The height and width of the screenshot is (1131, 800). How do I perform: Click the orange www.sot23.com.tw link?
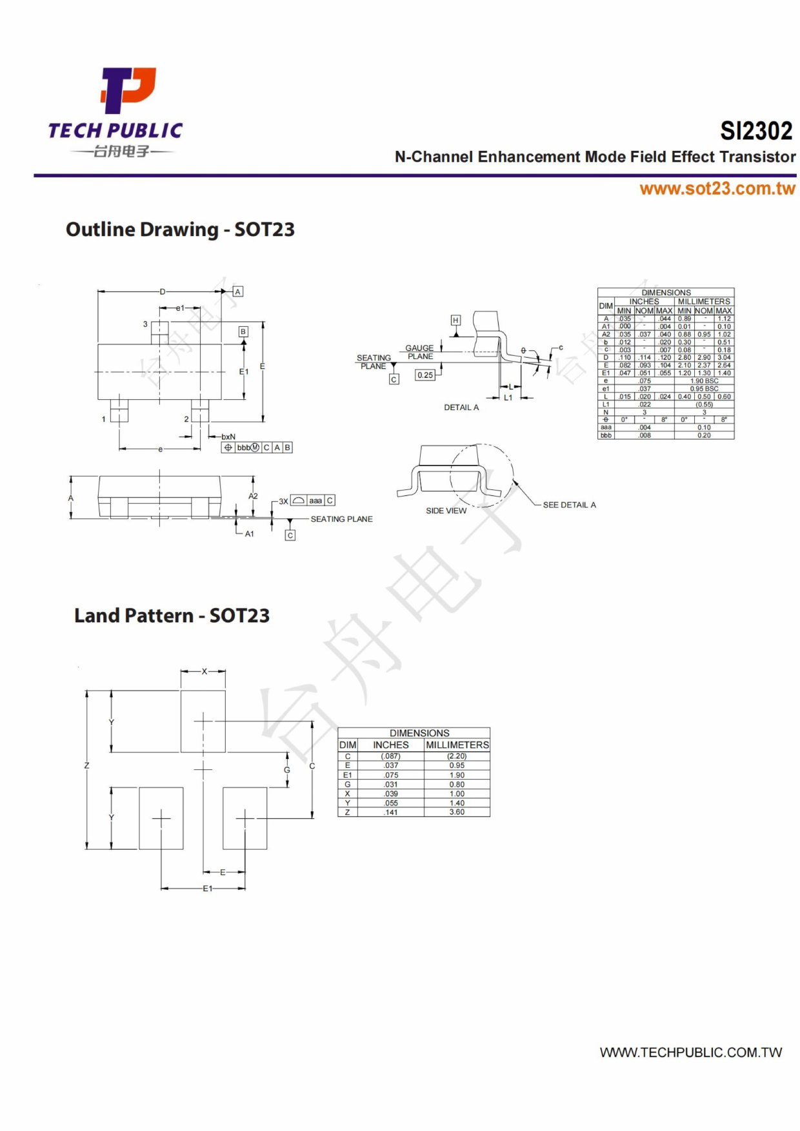click(x=717, y=188)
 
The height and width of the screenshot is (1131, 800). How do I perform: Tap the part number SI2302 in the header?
click(x=756, y=131)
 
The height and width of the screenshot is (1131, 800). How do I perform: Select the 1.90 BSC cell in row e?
click(x=704, y=381)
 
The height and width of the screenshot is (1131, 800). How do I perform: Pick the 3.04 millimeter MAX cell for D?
click(x=724, y=357)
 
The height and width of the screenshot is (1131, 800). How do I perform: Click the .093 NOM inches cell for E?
click(x=645, y=365)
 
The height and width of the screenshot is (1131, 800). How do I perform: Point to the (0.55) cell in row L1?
click(x=704, y=404)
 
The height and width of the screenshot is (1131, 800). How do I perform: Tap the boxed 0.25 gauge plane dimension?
click(x=425, y=375)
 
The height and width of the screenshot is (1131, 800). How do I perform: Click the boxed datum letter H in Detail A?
click(x=455, y=320)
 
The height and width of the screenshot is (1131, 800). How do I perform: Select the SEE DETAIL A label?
click(x=569, y=505)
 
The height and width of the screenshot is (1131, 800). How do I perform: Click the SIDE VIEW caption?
click(x=446, y=511)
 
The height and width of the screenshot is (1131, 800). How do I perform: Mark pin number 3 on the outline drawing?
click(x=145, y=324)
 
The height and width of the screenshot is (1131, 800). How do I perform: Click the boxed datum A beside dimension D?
click(x=238, y=291)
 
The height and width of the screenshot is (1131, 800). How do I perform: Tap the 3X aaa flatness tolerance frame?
click(x=313, y=500)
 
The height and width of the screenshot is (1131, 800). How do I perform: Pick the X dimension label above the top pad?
click(x=205, y=671)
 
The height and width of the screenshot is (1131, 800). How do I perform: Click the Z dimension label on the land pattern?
click(x=86, y=765)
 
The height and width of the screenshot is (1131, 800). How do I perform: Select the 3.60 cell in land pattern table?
click(x=457, y=812)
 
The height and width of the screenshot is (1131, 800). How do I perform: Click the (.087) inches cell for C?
click(x=390, y=756)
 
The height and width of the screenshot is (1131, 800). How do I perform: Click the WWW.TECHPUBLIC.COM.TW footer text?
click(x=690, y=1053)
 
